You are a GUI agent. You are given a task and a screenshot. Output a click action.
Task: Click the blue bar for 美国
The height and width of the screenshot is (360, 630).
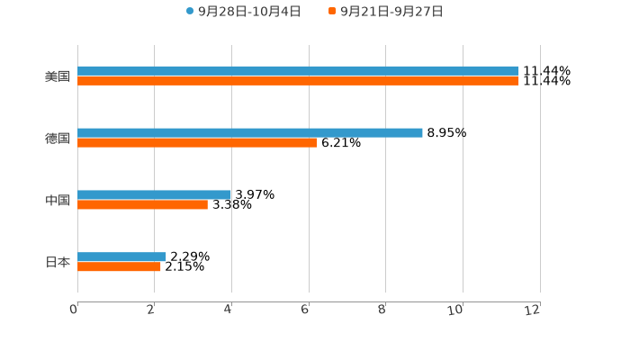[x=298, y=70]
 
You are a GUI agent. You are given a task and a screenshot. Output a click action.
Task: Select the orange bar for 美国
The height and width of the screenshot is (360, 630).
[x=298, y=81]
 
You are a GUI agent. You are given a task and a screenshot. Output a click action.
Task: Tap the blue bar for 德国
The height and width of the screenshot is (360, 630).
[x=250, y=132]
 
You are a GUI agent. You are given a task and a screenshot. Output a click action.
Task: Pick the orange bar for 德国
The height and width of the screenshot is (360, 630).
[x=197, y=143]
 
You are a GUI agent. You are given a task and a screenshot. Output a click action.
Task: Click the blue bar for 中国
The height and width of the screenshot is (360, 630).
[x=155, y=194]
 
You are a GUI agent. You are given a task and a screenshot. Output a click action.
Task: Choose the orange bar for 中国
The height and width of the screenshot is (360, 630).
[x=142, y=205]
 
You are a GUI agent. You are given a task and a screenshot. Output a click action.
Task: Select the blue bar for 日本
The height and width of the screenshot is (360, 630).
[x=121, y=256]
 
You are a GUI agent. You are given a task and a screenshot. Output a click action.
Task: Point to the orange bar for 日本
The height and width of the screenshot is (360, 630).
[x=119, y=267]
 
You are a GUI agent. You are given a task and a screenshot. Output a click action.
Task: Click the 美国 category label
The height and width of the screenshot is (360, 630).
[x=58, y=76]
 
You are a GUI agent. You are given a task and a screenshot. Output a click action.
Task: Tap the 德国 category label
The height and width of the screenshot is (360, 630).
[x=58, y=139]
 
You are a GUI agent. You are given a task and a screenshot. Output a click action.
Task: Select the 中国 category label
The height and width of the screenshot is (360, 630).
[x=58, y=201]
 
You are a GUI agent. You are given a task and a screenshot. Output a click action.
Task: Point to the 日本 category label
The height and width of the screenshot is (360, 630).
[x=58, y=263]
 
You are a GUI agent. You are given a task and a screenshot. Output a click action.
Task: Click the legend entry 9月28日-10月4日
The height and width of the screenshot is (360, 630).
[x=249, y=12]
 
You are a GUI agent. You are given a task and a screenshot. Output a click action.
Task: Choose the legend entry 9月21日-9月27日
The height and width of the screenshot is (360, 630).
[x=391, y=12]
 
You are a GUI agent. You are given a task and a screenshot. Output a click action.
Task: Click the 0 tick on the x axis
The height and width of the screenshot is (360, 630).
[x=74, y=310]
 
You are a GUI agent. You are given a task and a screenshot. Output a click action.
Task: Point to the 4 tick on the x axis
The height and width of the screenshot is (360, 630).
[x=229, y=310]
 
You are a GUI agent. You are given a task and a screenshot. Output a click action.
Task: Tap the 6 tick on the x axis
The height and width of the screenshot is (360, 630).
[x=305, y=310]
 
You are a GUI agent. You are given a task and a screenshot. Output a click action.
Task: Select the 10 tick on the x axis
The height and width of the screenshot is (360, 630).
[x=455, y=310]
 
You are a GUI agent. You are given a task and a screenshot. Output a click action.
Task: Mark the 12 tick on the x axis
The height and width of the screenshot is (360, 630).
[x=533, y=310]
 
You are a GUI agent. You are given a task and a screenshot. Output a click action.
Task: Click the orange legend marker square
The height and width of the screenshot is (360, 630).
[x=332, y=12]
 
